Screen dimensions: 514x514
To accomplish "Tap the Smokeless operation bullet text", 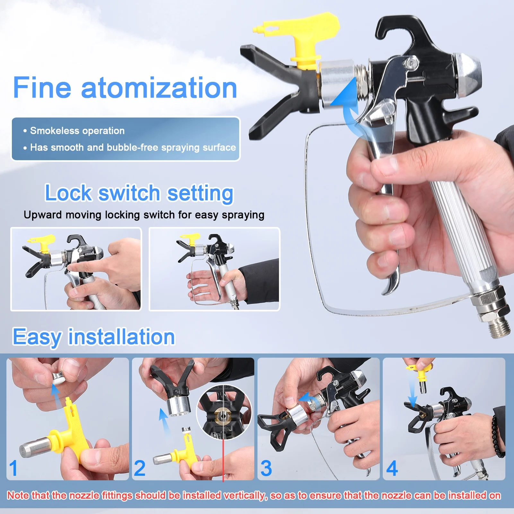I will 77,131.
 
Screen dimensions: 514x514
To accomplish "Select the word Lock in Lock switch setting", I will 68,193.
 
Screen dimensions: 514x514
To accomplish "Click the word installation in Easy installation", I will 122,337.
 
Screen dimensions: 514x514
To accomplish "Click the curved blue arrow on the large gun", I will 347,103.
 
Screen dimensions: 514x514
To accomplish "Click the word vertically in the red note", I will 245,495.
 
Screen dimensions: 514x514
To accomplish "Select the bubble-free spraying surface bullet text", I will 133,147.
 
